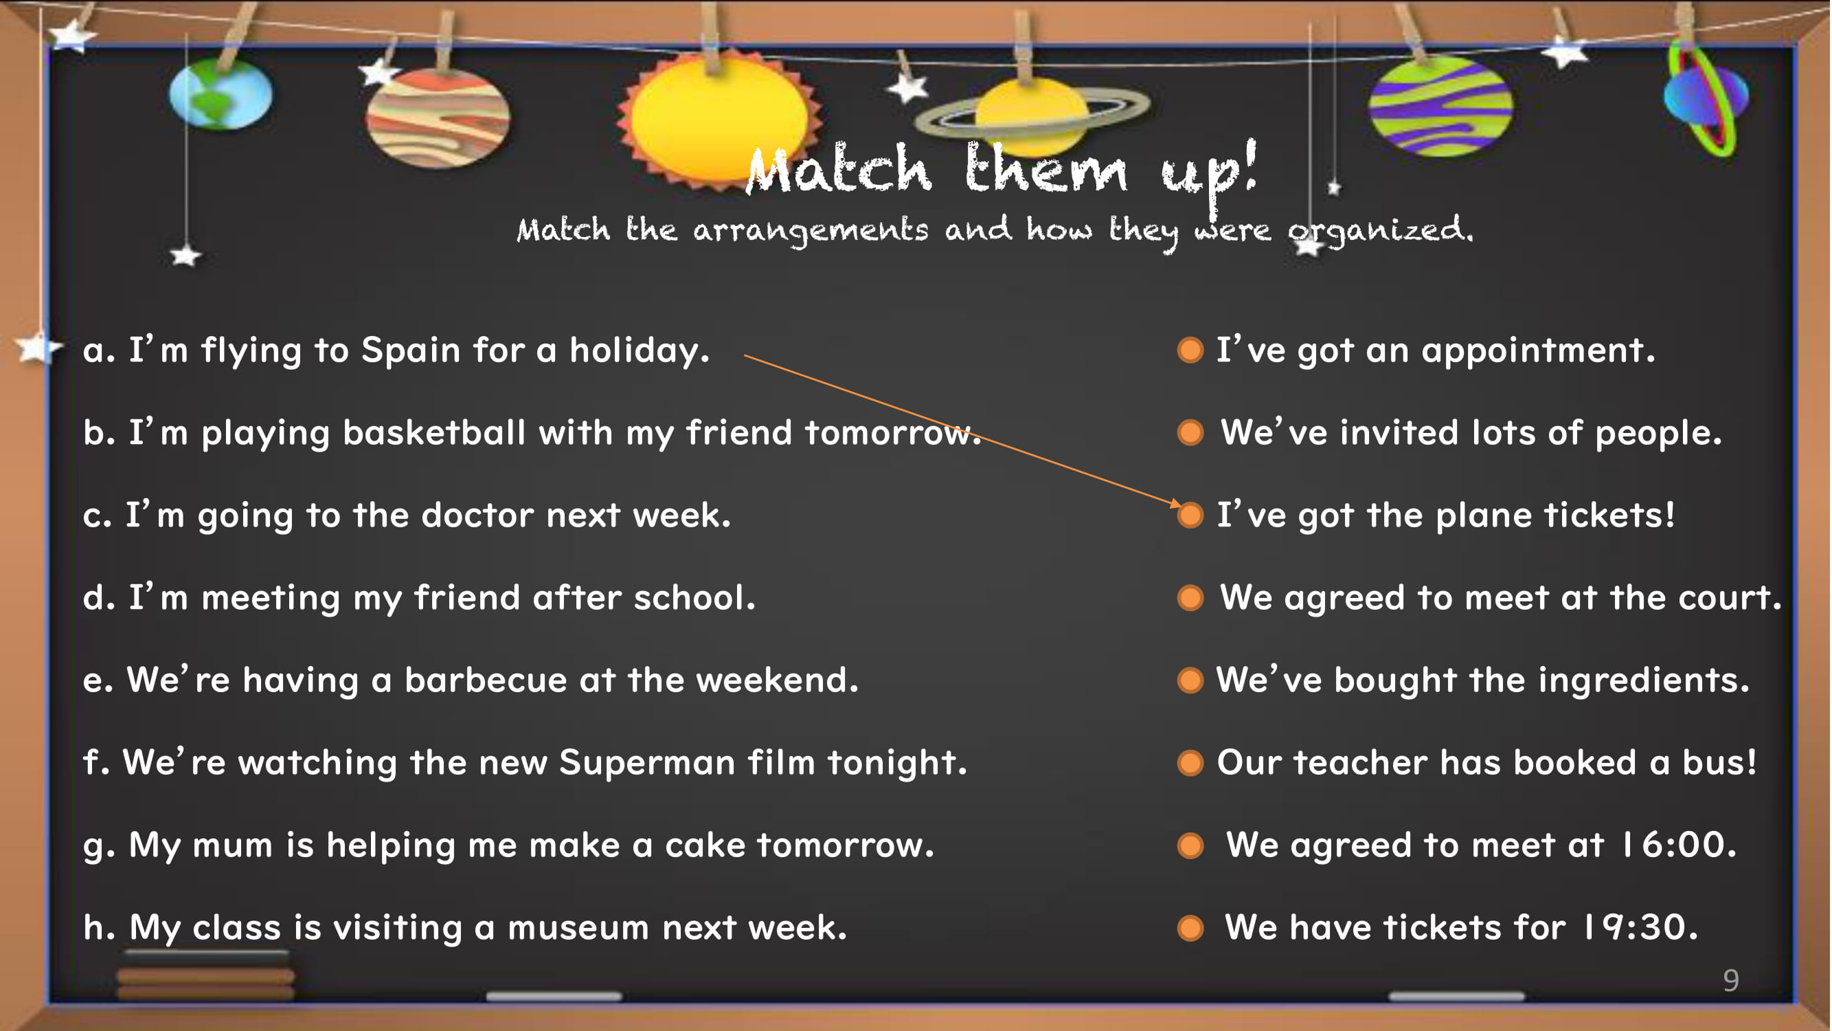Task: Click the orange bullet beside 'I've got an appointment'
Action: point(1190,350)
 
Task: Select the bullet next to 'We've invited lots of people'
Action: point(1190,432)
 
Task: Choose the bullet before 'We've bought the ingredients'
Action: point(1190,680)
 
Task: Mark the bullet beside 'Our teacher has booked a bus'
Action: point(1190,763)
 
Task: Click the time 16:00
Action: point(1679,845)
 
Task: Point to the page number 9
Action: point(1732,981)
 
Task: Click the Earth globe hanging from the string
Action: point(220,94)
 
